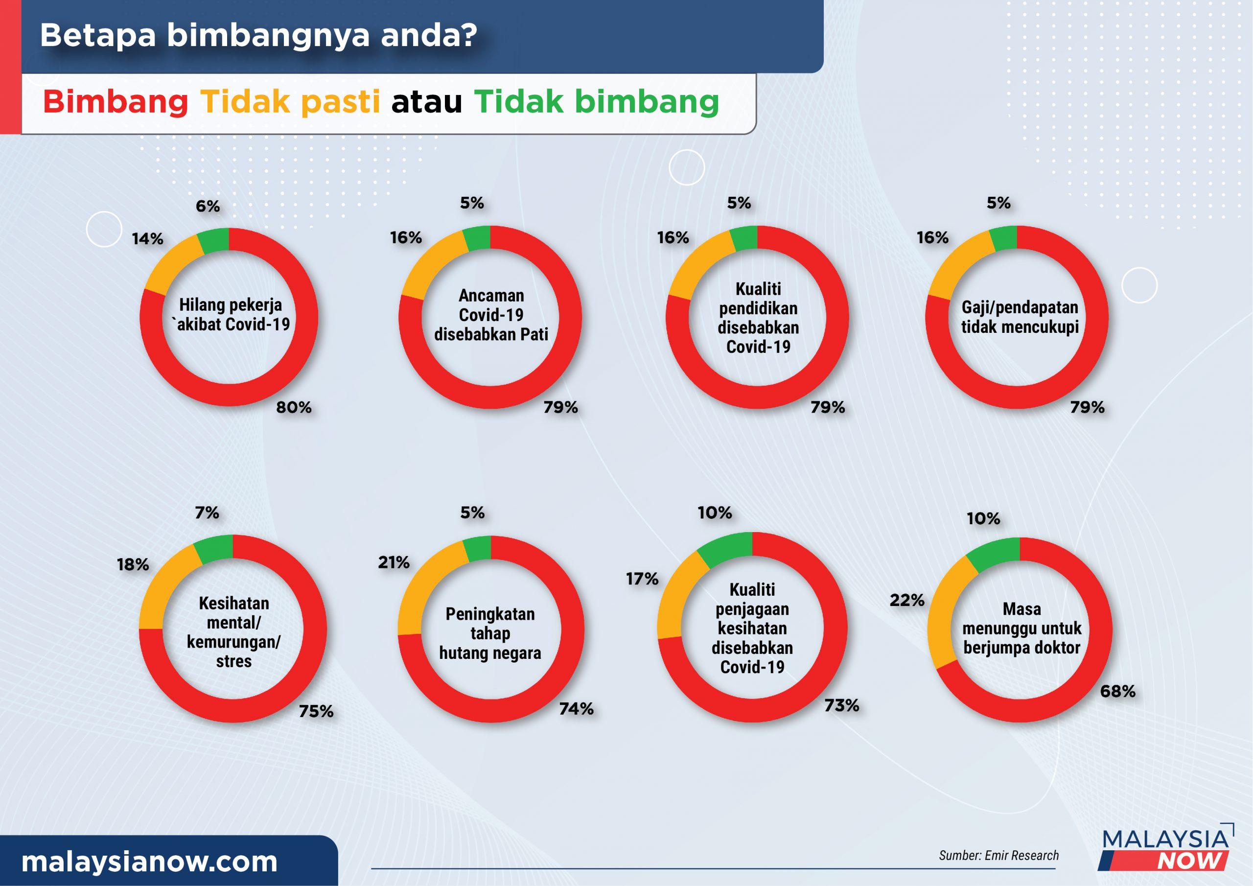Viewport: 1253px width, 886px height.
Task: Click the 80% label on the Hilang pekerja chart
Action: click(x=294, y=407)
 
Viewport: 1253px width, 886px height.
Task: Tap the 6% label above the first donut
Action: click(x=208, y=207)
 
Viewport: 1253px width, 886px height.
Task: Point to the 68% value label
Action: click(x=1117, y=691)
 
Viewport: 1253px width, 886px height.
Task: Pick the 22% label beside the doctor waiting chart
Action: click(x=907, y=601)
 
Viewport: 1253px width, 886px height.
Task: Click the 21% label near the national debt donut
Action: click(x=394, y=562)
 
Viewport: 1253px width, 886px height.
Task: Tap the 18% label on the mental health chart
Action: click(x=133, y=564)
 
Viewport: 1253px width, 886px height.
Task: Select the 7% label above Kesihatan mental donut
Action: click(x=207, y=513)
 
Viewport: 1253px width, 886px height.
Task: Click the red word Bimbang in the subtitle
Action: click(x=116, y=102)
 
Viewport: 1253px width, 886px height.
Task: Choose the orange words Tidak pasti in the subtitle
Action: click(x=290, y=102)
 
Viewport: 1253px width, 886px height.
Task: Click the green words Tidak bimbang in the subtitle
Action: click(x=597, y=102)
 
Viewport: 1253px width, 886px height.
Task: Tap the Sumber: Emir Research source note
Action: click(x=998, y=856)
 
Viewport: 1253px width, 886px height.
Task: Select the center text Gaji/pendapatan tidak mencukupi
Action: click(x=1020, y=317)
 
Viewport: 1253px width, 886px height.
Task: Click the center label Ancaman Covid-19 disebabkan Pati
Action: click(x=491, y=315)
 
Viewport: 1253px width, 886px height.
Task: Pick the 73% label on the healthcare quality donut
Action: click(x=841, y=705)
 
